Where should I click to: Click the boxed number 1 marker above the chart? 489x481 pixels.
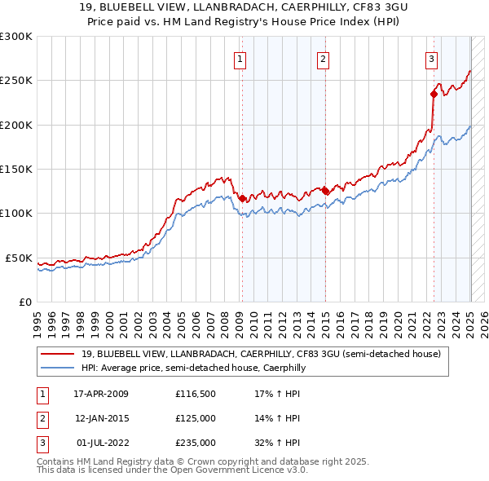(x=241, y=58)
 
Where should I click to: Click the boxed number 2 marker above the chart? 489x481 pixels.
(x=324, y=58)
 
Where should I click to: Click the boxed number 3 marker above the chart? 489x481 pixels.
(x=431, y=58)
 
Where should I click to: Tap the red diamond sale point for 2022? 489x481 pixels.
(x=434, y=95)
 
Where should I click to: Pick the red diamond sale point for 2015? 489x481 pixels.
(x=325, y=191)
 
